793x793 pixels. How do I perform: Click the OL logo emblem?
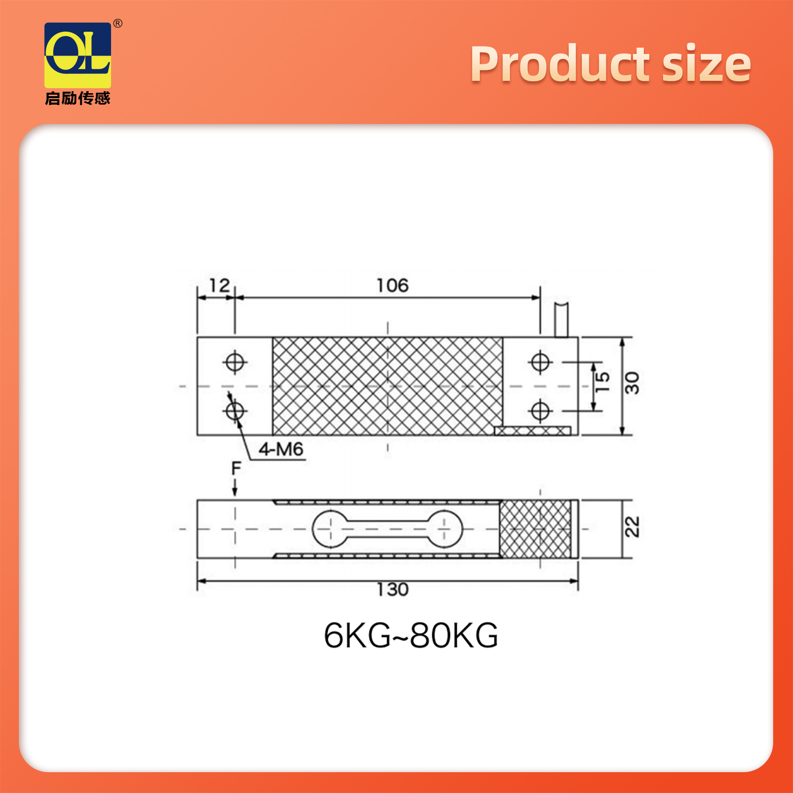(78, 55)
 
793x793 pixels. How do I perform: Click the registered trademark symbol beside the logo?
(118, 23)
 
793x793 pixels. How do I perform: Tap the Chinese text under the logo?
(78, 98)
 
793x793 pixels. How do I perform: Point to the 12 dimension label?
(220, 285)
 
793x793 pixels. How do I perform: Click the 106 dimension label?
(393, 285)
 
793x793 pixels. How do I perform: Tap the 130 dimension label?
(393, 589)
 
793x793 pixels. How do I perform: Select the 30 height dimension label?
(632, 383)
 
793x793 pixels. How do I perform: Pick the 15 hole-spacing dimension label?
(602, 382)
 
